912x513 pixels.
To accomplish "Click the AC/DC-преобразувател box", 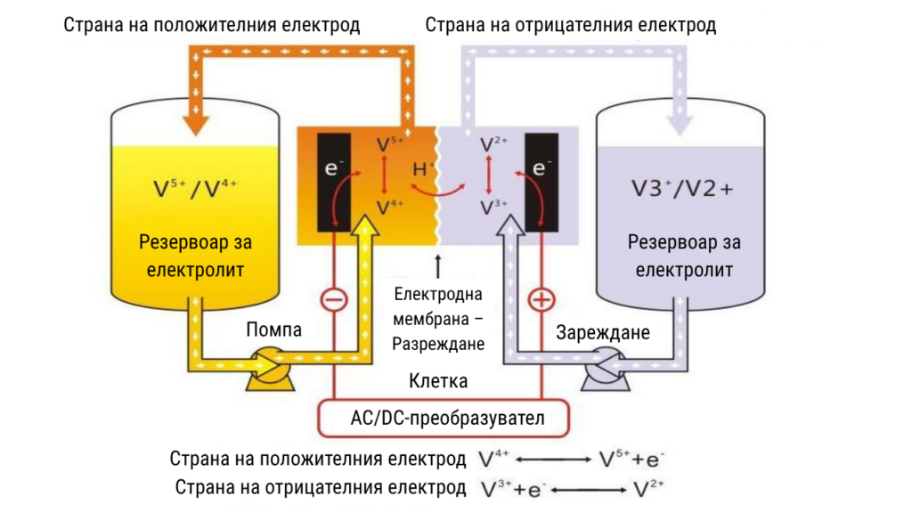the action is pyautogui.click(x=444, y=419).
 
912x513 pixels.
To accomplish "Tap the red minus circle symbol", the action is pyautogui.click(x=335, y=300).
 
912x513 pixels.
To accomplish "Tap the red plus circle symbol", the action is pyautogui.click(x=541, y=300).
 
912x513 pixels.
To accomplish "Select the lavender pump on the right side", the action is pyautogui.click(x=606, y=369).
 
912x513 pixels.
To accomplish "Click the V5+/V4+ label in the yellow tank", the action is pyautogui.click(x=194, y=189).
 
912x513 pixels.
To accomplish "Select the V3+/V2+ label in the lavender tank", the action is pyautogui.click(x=682, y=189).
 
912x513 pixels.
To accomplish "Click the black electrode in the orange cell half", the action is pyautogui.click(x=334, y=182).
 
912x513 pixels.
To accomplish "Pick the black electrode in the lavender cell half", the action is pyautogui.click(x=541, y=182).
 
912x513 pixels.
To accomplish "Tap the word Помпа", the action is pyautogui.click(x=274, y=330).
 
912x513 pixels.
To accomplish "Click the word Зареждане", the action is pyautogui.click(x=603, y=333).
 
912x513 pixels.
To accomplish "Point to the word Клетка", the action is pyautogui.click(x=438, y=381).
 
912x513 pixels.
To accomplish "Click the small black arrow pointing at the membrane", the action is pyautogui.click(x=438, y=265).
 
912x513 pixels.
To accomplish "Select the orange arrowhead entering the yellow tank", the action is pyautogui.click(x=196, y=125).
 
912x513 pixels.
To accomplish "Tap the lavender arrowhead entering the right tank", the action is pyautogui.click(x=680, y=125).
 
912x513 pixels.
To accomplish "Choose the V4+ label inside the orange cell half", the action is pyautogui.click(x=390, y=207).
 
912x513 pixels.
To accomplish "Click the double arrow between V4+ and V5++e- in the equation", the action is pyautogui.click(x=553, y=460).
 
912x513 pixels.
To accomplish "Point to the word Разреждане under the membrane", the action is pyautogui.click(x=438, y=345).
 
